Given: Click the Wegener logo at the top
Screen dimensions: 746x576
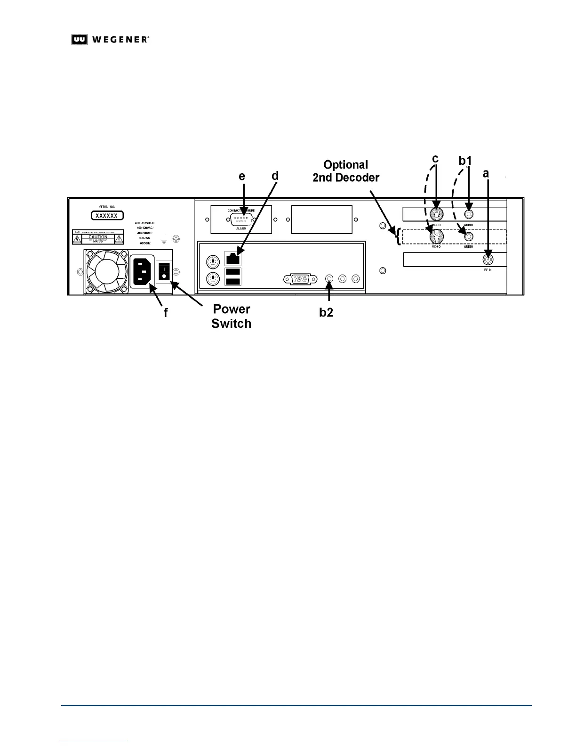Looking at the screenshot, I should (111, 40).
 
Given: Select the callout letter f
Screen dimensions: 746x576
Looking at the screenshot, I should (165, 312).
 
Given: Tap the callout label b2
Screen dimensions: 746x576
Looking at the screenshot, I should (326, 312).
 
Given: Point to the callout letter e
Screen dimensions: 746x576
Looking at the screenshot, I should (242, 176).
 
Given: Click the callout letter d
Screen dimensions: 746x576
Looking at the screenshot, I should (275, 176).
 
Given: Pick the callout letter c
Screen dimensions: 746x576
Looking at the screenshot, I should (435, 159).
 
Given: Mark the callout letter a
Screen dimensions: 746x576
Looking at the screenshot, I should (486, 173).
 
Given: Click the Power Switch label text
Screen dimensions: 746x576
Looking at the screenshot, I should (231, 316).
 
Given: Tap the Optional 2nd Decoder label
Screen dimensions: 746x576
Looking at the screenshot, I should (346, 171).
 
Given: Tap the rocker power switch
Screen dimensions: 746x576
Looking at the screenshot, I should (163, 271).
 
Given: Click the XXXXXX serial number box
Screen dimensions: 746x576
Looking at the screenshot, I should (107, 215).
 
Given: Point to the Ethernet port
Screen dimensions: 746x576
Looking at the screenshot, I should (233, 258).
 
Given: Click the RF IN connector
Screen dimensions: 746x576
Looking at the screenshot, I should (488, 258).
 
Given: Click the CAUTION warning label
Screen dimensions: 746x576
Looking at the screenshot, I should (98, 237).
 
